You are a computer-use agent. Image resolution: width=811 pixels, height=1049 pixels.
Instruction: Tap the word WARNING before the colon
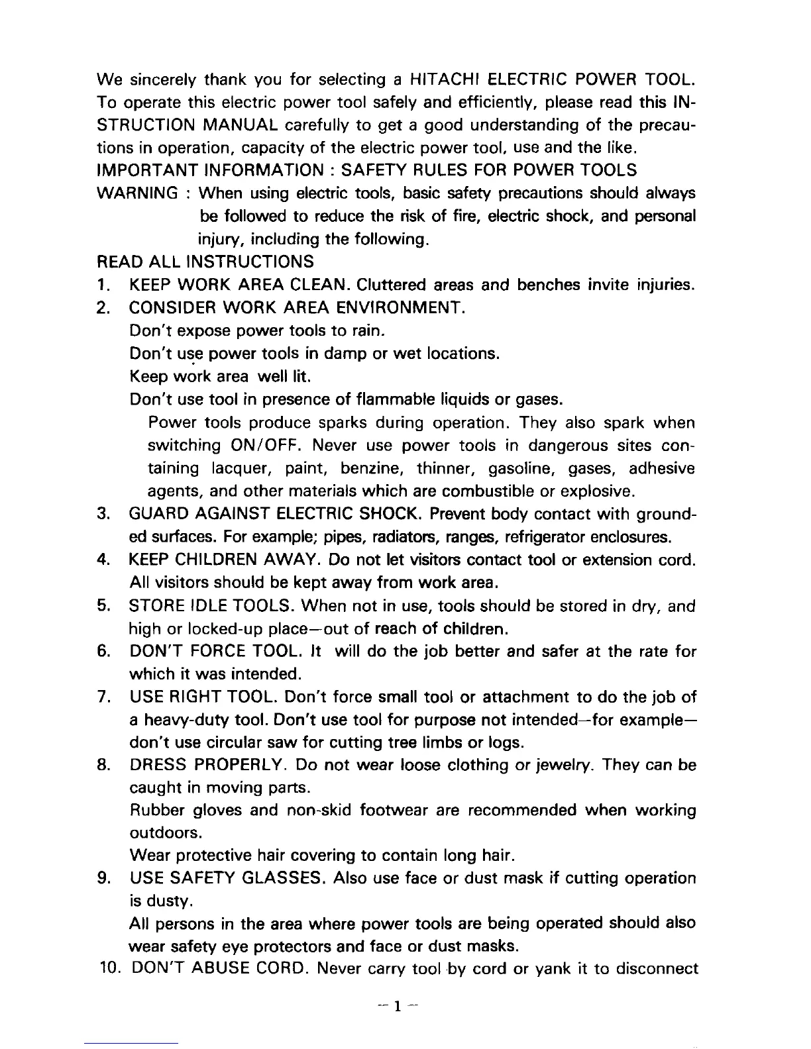(136, 193)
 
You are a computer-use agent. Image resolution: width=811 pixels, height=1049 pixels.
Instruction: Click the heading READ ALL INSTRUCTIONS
(205, 262)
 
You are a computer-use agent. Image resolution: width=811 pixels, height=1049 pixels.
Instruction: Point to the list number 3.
(102, 514)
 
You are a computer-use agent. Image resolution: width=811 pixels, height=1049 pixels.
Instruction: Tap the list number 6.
(102, 652)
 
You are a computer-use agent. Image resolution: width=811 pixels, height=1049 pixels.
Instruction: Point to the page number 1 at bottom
(396, 1007)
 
